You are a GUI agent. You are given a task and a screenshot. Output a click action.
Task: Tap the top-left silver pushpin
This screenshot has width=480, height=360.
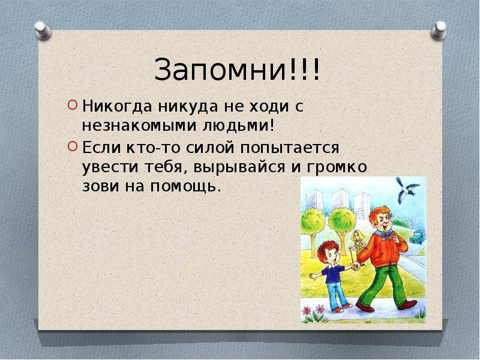[43, 31]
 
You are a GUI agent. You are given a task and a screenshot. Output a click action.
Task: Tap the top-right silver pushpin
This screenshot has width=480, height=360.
[439, 31]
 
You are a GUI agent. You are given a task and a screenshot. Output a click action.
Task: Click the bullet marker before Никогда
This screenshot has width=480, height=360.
[72, 106]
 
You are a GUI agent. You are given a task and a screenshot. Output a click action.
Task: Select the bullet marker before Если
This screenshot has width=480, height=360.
[72, 146]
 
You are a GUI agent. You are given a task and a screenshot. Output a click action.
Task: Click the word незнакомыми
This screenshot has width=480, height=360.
[139, 126]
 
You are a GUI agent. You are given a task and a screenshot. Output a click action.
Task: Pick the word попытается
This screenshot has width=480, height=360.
[290, 148]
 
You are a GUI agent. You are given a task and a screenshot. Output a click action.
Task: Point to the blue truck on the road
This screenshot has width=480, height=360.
[417, 237]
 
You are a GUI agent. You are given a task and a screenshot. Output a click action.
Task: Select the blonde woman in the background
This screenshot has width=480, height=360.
[356, 242]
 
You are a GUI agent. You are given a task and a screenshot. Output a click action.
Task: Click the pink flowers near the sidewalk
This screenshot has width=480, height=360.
[313, 310]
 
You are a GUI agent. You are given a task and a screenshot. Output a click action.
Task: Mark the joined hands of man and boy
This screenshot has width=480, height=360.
[355, 266]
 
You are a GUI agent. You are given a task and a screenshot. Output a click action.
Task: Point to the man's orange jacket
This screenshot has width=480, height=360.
[384, 250]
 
